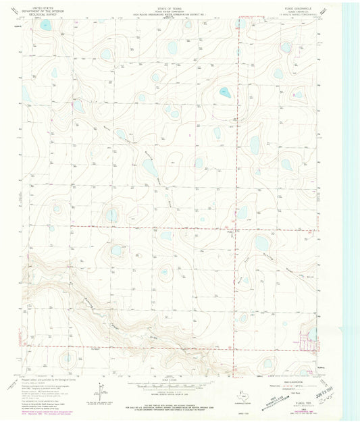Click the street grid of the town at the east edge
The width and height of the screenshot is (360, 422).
pyautogui.click(x=311, y=344)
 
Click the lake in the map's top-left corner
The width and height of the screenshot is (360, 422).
pyautogui.click(x=46, y=26)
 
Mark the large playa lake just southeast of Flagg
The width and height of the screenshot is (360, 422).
pyautogui.click(x=261, y=244)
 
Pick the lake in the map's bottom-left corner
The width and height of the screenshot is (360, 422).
pyautogui.click(x=67, y=357)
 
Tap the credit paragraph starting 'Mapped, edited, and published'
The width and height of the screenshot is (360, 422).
pyautogui.click(x=51, y=386)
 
